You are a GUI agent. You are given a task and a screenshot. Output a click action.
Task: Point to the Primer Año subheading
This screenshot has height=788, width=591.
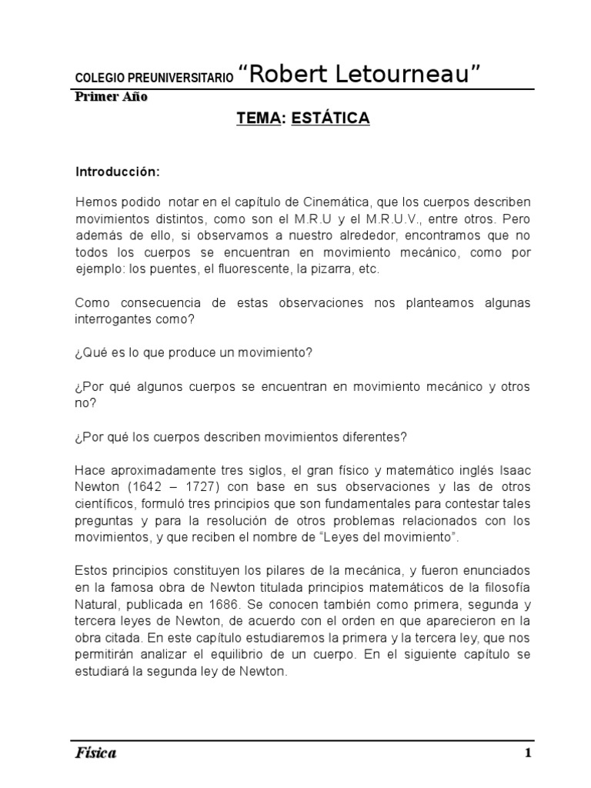tap(111, 97)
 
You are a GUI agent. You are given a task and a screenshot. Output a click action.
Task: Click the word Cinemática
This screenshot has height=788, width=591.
tap(342, 202)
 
